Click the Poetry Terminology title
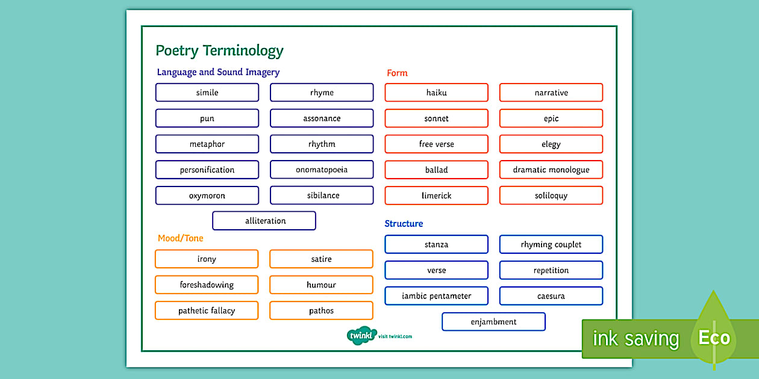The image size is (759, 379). click(219, 51)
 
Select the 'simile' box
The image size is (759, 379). click(207, 93)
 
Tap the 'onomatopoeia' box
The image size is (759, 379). click(322, 170)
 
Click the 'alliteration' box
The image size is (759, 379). click(264, 221)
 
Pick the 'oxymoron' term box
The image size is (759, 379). click(207, 196)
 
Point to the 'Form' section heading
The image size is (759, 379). click(397, 73)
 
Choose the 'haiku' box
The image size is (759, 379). click(436, 93)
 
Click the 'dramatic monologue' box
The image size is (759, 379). click(551, 170)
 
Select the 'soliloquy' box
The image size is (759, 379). click(551, 196)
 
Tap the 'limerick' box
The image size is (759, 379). click(436, 196)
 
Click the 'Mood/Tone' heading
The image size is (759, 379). click(181, 238)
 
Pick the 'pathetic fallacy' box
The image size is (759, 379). click(207, 310)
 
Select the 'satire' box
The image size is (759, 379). click(321, 259)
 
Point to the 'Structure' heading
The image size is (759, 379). click(404, 224)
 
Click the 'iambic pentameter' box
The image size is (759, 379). click(436, 296)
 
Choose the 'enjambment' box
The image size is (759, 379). click(493, 322)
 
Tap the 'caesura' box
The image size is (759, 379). click(551, 296)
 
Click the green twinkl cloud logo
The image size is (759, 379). click(361, 336)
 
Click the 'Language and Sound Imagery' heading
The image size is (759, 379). click(218, 72)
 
